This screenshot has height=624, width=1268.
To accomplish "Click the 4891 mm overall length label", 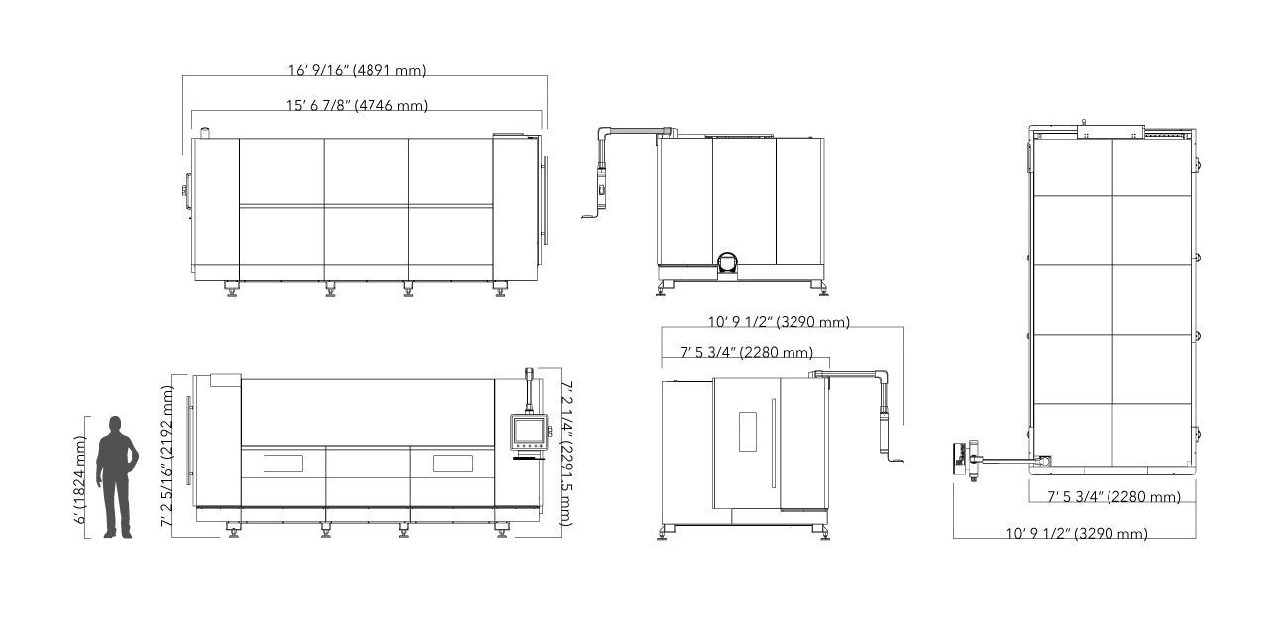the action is [x=357, y=70].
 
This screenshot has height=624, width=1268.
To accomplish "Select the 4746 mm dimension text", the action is [x=357, y=106].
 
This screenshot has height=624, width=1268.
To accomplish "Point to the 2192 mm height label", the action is [x=167, y=457].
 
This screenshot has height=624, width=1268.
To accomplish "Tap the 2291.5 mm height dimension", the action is [x=566, y=454].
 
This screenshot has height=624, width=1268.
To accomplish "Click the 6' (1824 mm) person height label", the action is [x=80, y=479].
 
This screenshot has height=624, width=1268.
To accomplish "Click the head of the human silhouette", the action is [x=116, y=424].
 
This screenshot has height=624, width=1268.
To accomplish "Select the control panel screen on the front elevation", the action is [x=529, y=432].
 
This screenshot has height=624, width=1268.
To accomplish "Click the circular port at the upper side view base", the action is [x=728, y=262].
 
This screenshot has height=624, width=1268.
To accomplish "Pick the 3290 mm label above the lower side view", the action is [x=779, y=322].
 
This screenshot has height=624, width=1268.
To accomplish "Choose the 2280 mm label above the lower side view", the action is [x=746, y=353].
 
